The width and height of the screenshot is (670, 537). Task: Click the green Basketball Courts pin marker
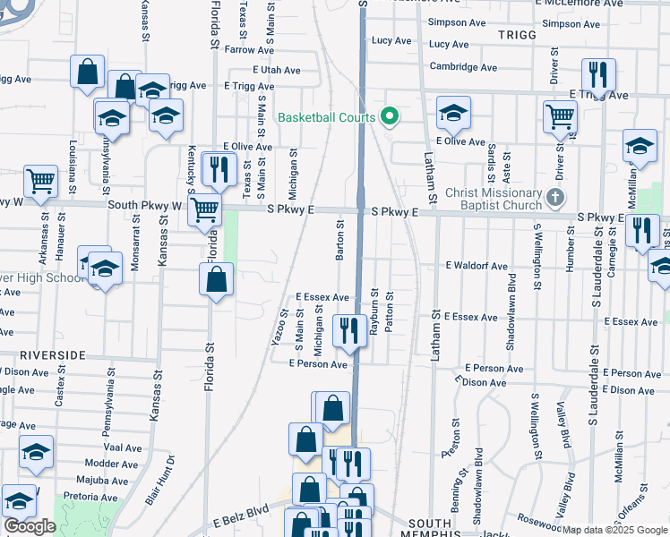[x=389, y=117]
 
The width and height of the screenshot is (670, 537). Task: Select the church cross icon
[x=555, y=197]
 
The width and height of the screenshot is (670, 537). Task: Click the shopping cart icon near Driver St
[x=560, y=115]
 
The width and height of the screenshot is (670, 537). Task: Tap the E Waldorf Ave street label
[x=477, y=266]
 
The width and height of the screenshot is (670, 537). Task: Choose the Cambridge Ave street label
[x=462, y=66]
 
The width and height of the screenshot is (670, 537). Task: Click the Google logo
[x=30, y=526]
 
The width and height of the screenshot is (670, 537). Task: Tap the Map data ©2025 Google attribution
[x=614, y=530]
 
